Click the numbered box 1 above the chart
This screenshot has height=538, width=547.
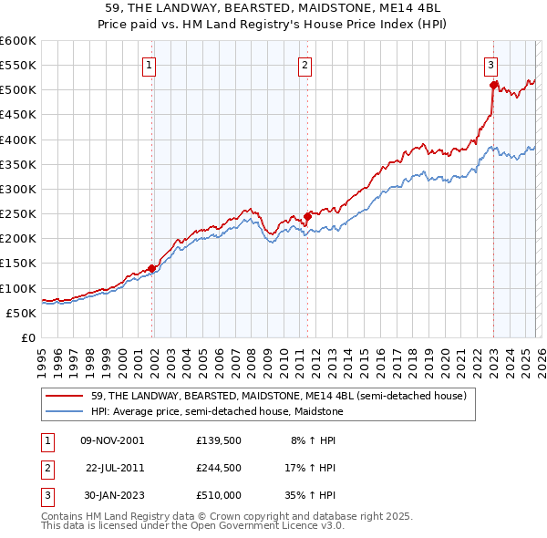click(149, 65)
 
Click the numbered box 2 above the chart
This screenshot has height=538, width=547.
click(304, 65)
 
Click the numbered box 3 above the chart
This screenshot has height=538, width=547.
click(490, 65)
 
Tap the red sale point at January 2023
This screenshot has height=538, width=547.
click(493, 86)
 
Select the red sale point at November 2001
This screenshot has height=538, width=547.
click(152, 268)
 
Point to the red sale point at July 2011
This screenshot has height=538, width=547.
click(308, 216)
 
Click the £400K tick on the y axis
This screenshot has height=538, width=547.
click(18, 140)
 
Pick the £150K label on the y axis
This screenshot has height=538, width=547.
click(18, 264)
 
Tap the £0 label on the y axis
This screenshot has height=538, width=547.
click(27, 337)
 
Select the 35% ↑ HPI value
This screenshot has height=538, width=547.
click(311, 494)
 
